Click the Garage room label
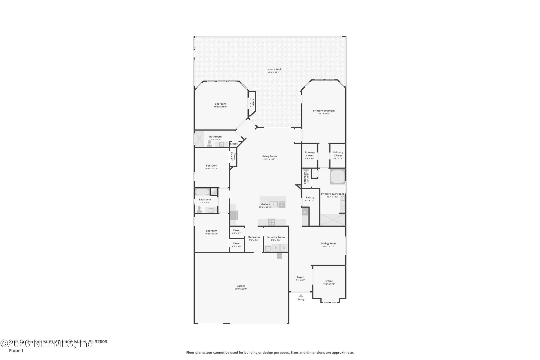coord(241,286)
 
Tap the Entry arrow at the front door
coord(301,296)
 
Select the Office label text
coord(329,281)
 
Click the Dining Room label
coord(328,244)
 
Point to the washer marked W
coord(284,248)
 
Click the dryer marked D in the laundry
coord(276,248)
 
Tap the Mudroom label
coord(254,237)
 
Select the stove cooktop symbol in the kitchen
coord(271,222)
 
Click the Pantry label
coord(310,197)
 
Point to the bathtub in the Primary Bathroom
coord(337,177)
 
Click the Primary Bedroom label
coord(324,111)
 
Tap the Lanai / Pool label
coord(274,69)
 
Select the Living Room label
coord(269,156)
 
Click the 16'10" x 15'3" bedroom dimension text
coord(220,107)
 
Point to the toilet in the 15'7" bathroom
coord(210,144)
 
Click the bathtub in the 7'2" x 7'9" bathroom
coord(202,192)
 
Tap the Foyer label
coord(300,277)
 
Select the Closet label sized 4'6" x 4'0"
coord(237,244)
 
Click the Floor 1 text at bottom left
coord(16,350)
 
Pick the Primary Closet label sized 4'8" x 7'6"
coord(338,154)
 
